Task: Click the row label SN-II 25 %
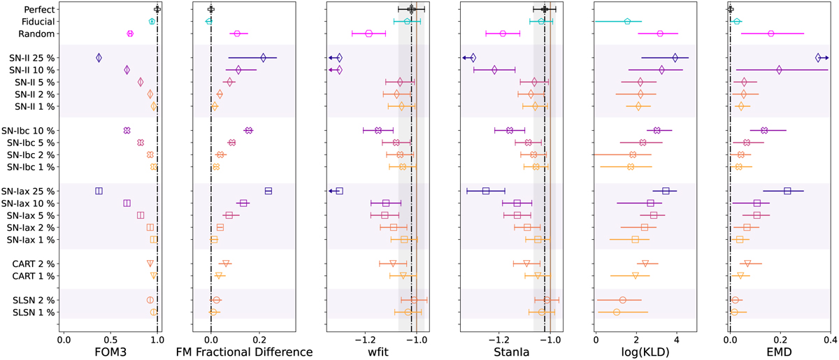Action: click(x=31, y=58)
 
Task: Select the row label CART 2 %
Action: click(x=32, y=263)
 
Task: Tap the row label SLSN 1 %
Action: click(x=32, y=312)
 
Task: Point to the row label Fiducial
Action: click(x=37, y=22)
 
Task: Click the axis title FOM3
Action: click(x=110, y=350)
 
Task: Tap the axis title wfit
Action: click(x=378, y=350)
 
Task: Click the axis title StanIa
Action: click(x=512, y=350)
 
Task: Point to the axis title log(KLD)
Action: click(x=645, y=350)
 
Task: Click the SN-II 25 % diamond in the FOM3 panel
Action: click(x=99, y=58)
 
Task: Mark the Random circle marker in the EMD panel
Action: click(x=770, y=34)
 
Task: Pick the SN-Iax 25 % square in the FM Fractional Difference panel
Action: click(x=268, y=191)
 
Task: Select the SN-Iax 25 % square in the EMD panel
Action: click(x=787, y=191)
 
